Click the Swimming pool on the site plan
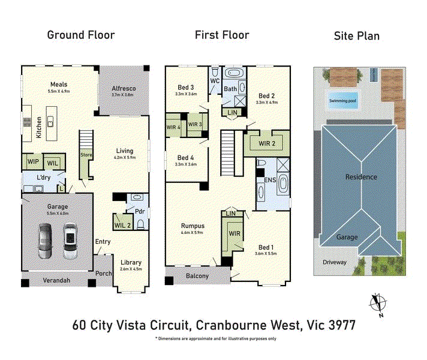click(x=342, y=101)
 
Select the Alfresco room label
click(x=124, y=88)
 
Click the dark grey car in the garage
click(x=45, y=241)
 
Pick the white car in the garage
click(x=70, y=241)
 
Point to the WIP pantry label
click(x=33, y=161)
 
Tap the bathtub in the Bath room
click(x=234, y=73)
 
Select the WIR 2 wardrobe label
click(x=267, y=143)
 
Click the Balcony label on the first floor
click(x=197, y=276)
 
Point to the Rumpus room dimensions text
click(x=192, y=232)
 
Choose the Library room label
click(x=131, y=262)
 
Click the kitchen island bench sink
click(x=50, y=122)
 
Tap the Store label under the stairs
click(x=86, y=155)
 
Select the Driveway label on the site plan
click(x=335, y=262)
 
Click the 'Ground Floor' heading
click(x=81, y=35)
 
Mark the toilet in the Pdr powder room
click(x=141, y=224)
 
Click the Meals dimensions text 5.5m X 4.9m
click(x=59, y=91)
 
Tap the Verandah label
click(x=56, y=280)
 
